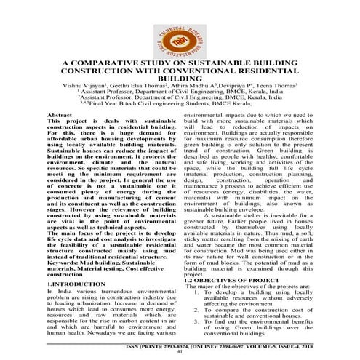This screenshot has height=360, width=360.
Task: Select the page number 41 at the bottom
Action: pyautogui.click(x=179, y=353)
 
